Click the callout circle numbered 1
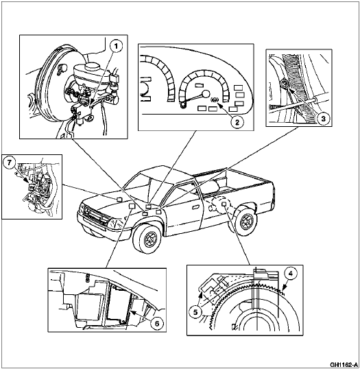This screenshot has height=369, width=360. pyautogui.click(x=116, y=47)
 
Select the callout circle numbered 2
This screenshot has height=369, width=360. pyautogui.click(x=236, y=123)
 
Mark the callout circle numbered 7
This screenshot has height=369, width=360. pyautogui.click(x=10, y=162)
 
